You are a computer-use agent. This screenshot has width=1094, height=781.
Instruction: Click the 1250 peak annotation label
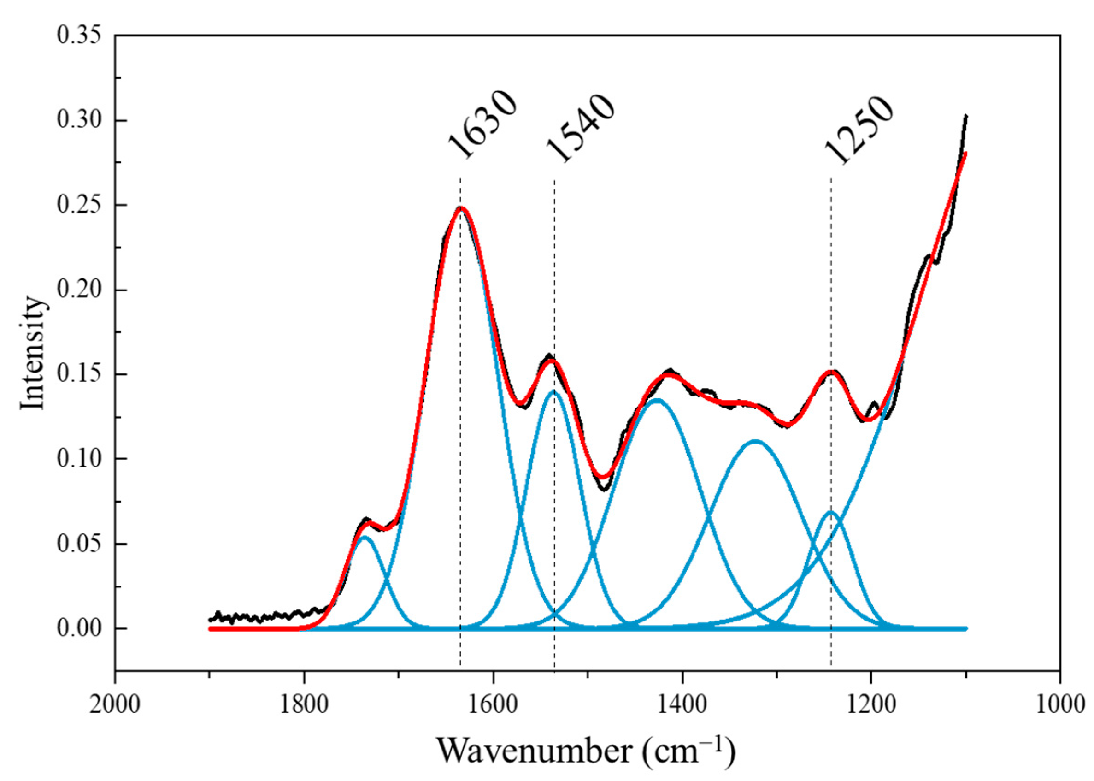tap(859, 130)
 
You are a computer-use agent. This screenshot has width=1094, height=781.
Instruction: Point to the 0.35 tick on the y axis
tap(79, 36)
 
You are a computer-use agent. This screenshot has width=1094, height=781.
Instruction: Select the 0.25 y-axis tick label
tap(79, 205)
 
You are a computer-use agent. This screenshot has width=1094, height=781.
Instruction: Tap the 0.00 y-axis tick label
tap(79, 629)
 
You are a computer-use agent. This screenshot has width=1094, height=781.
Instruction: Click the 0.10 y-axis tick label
tap(79, 459)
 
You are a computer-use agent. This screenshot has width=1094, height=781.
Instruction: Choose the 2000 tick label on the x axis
tap(115, 705)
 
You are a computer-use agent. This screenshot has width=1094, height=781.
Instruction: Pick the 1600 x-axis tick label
tap(493, 705)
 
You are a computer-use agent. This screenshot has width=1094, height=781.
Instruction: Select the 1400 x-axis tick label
tap(682, 705)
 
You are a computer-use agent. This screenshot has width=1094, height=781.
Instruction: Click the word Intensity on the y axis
tap(33, 354)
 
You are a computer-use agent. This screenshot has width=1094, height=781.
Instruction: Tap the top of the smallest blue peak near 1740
tap(365, 537)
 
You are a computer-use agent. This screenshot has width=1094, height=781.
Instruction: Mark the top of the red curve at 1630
tap(460, 208)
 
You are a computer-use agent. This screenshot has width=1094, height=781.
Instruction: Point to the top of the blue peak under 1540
tap(554, 391)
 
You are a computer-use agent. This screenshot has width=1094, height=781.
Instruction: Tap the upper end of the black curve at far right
tap(966, 116)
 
